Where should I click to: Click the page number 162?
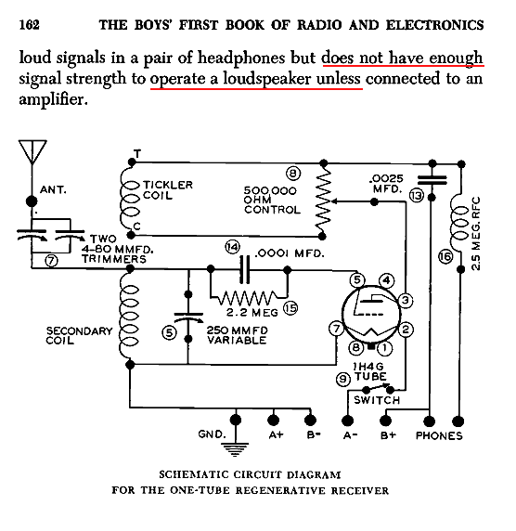pos(29,25)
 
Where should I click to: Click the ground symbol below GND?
pos(236,449)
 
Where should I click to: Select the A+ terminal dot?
pos(273,421)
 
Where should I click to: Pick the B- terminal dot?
pos(310,421)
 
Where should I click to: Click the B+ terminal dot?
pos(385,421)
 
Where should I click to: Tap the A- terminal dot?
pos(347,421)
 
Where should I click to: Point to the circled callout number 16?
pos(445,256)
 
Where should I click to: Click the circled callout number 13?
pos(417,196)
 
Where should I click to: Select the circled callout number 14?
pos(232,247)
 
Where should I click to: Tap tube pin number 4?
pos(386,280)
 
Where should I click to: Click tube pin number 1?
pos(385,348)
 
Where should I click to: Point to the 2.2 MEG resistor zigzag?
pos(250,298)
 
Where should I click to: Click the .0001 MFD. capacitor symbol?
pos(244,270)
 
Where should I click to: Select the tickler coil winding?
pos(130,198)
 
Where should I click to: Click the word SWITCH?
pos(377,400)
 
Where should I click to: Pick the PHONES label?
pos(439,435)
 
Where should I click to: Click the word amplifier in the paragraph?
pos(53,99)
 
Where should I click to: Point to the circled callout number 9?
pos(343,379)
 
